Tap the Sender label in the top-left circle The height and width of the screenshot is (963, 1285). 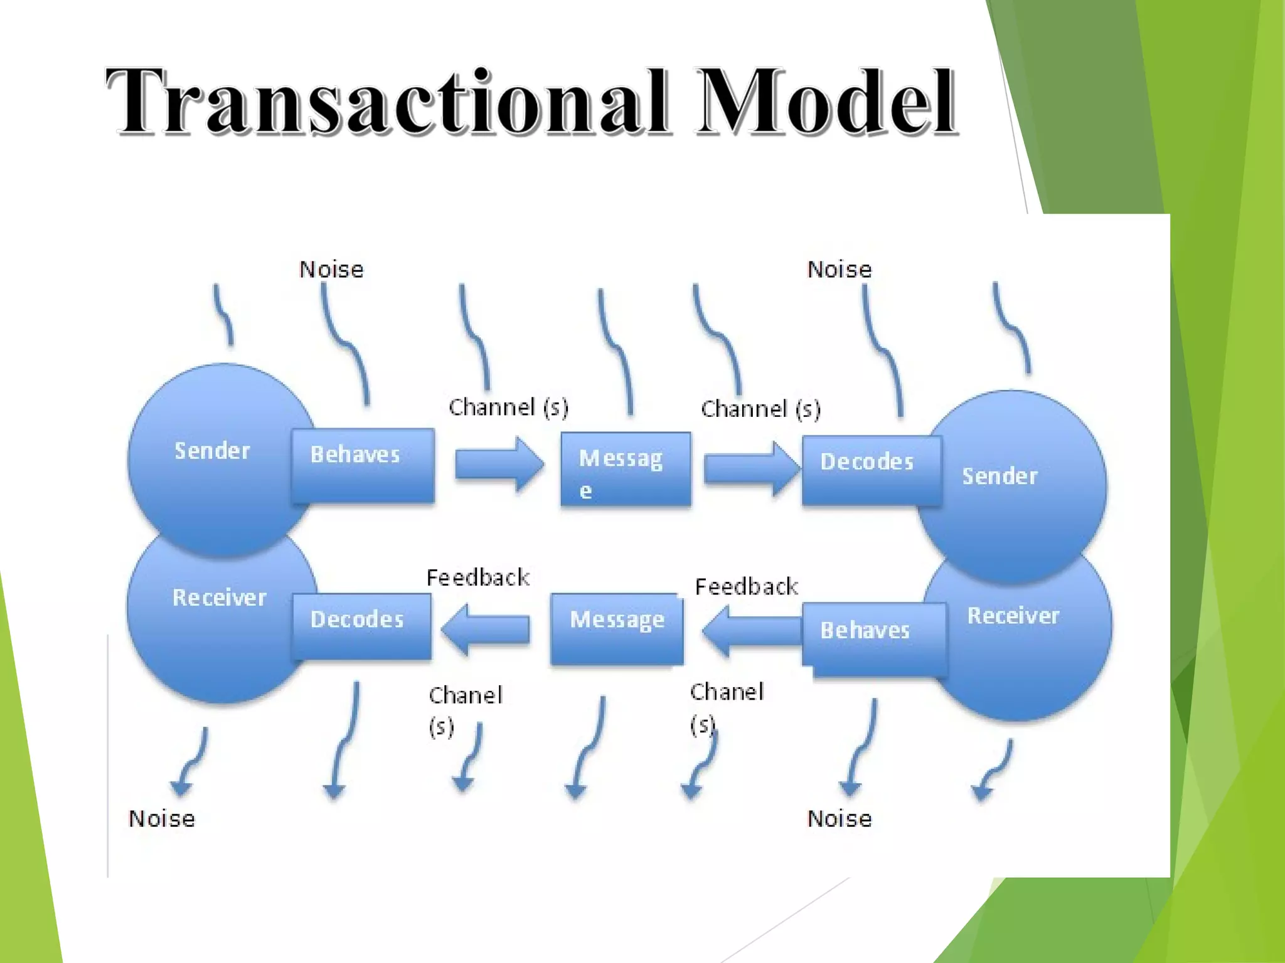coord(212,451)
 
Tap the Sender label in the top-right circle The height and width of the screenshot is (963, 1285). coord(1000,476)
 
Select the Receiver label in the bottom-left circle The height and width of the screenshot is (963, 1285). coord(220,597)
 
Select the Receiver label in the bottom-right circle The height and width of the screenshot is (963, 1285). coord(1013,616)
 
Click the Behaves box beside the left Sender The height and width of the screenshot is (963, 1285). coord(363,465)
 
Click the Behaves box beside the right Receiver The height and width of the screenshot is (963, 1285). coord(873,638)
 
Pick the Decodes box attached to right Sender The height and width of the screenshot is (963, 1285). coord(871,470)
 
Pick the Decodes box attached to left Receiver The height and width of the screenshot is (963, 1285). coord(361,626)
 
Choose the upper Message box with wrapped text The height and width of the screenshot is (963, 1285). coord(626,469)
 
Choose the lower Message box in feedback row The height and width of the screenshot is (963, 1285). coord(617,628)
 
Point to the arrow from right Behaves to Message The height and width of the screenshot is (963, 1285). coord(751,631)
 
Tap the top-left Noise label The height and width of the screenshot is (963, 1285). coord(331,270)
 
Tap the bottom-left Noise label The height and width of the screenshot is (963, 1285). coord(162,819)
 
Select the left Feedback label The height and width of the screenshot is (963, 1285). coord(477,577)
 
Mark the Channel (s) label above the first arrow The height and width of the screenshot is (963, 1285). coord(508,408)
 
